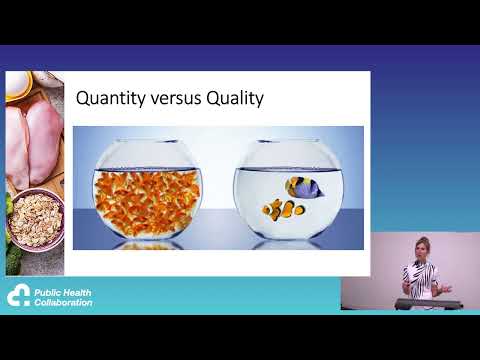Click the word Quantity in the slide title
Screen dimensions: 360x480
pos(110,98)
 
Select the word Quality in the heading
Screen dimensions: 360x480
pos(236,98)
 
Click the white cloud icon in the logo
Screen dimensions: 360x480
pos(19,296)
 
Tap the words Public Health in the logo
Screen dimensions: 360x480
pos(63,292)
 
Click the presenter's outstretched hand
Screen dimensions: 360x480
pos(446,288)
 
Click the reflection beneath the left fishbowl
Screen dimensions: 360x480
pos(147,243)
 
